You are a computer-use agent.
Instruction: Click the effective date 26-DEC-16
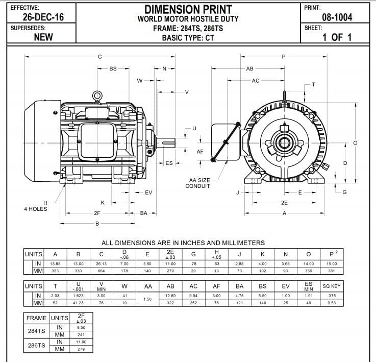tap(37, 17)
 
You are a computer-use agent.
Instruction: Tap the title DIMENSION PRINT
tap(188, 9)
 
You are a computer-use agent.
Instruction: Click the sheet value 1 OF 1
tap(337, 37)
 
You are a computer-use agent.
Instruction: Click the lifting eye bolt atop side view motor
tap(97, 95)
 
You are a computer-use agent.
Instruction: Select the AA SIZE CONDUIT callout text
tap(198, 183)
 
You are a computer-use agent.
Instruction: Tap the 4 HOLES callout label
tap(36, 208)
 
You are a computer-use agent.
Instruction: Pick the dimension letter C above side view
tap(100, 57)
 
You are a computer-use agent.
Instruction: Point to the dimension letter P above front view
tap(284, 57)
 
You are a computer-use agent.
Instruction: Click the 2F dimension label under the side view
tap(97, 213)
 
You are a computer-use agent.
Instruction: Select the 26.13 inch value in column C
tap(101, 263)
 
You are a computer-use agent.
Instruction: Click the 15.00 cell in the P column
tap(331, 263)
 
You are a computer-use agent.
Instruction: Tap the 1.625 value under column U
tap(78, 296)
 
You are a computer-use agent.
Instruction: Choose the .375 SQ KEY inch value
tap(332, 296)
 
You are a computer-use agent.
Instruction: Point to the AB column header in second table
tap(171, 286)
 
